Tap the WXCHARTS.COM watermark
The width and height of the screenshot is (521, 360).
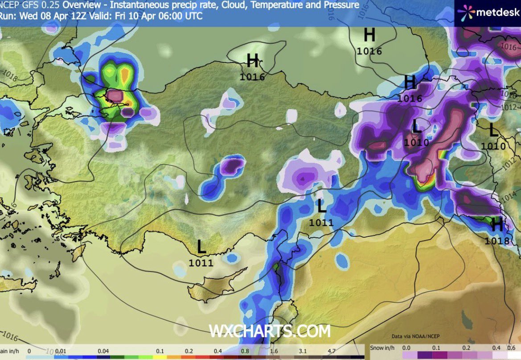pos(270,331)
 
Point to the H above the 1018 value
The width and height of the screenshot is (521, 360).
pos(497,225)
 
